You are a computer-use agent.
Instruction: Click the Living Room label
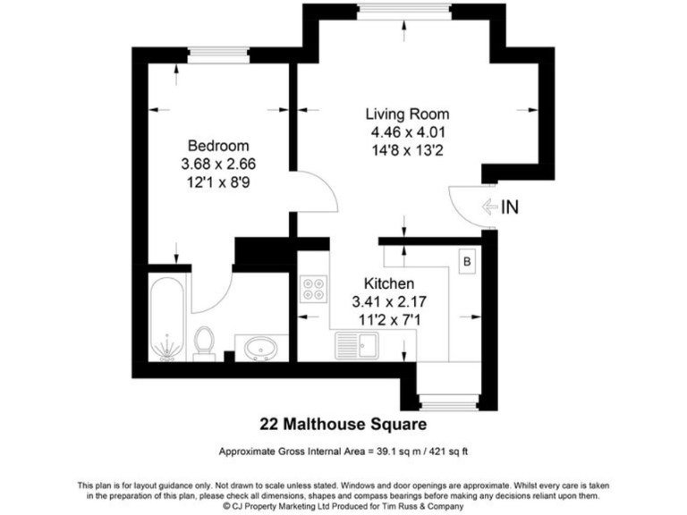coord(407,114)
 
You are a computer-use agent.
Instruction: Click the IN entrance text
coord(510,207)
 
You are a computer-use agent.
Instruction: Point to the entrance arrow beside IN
coord(489,207)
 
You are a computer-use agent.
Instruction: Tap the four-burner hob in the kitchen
coord(314,290)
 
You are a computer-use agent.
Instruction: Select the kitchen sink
coord(358,342)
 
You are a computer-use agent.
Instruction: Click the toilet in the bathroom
coord(205,342)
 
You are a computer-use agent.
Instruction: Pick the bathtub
coord(167,319)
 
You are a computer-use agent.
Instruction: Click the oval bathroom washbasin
coord(261,346)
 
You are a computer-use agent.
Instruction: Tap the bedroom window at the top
coord(217,55)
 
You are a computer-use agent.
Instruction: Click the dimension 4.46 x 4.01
coord(407,132)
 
